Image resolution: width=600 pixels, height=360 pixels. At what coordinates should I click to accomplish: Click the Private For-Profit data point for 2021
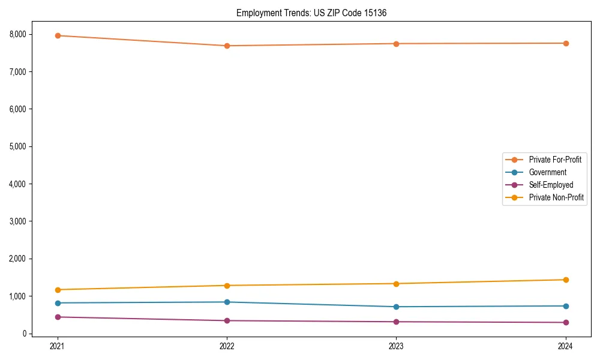pyautogui.click(x=58, y=35)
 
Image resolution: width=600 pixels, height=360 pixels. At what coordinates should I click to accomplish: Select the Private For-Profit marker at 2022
pyautogui.click(x=227, y=46)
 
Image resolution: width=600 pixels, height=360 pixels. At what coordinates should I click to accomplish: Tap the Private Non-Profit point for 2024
pyautogui.click(x=566, y=280)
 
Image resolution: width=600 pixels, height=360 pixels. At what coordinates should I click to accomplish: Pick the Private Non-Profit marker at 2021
pyautogui.click(x=58, y=290)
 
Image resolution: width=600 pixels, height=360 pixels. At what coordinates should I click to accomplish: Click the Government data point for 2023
pyautogui.click(x=397, y=307)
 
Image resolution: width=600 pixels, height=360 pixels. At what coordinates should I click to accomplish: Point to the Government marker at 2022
pyautogui.click(x=227, y=302)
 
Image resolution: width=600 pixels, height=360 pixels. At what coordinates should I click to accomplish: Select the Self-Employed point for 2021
pyautogui.click(x=58, y=317)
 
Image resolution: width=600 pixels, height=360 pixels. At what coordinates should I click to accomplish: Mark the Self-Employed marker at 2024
pyautogui.click(x=566, y=322)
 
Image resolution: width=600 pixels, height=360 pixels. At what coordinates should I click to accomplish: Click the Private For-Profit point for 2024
pyautogui.click(x=566, y=43)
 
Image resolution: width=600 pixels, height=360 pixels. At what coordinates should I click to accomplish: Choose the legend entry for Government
pyautogui.click(x=547, y=172)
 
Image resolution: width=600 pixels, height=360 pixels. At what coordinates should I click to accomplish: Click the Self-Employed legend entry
pyautogui.click(x=551, y=185)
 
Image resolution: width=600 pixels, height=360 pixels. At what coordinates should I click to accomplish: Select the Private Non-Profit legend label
pyautogui.click(x=556, y=197)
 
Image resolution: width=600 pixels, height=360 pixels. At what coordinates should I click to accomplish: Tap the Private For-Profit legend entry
pyautogui.click(x=555, y=160)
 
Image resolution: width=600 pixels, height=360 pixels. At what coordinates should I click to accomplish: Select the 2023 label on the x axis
pyautogui.click(x=397, y=346)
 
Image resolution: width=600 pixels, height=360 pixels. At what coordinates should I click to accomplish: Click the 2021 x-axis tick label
pyautogui.click(x=58, y=346)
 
